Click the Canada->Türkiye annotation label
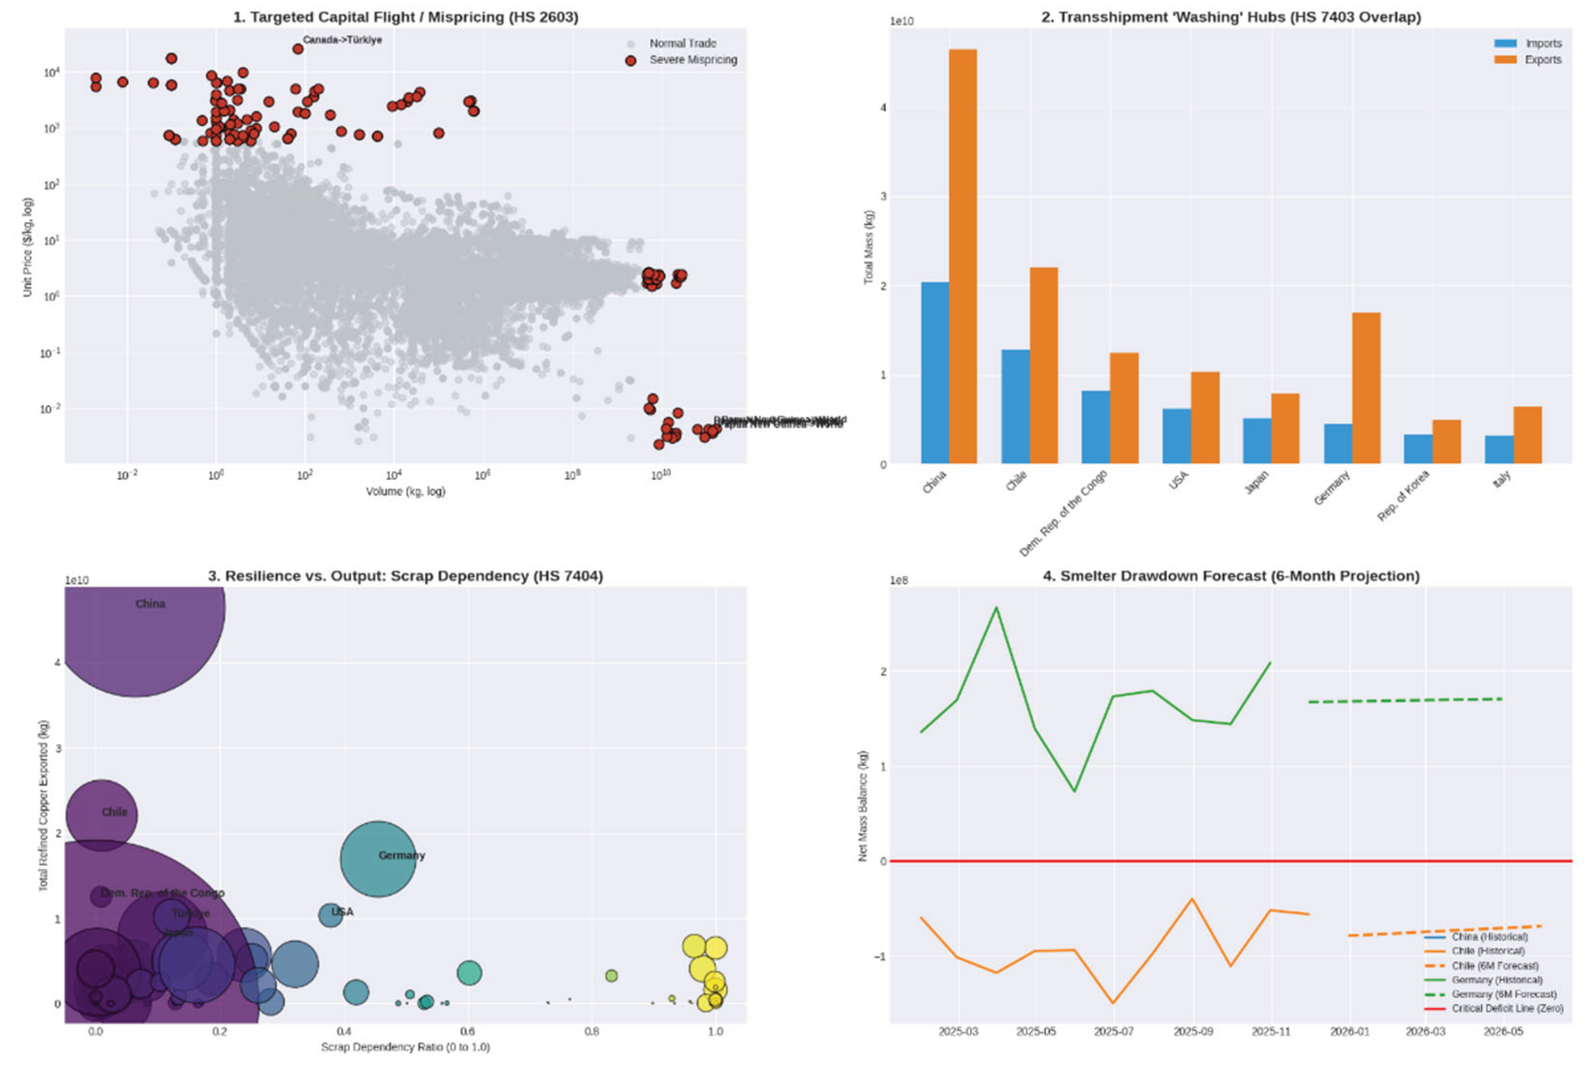pyautogui.click(x=342, y=40)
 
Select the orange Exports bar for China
pyautogui.click(x=962, y=256)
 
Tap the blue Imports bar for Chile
pyautogui.click(x=1015, y=407)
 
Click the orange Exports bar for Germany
pyautogui.click(x=1365, y=388)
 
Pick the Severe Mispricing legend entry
pyautogui.click(x=692, y=60)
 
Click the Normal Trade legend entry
pyautogui.click(x=682, y=43)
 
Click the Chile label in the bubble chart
pyautogui.click(x=114, y=812)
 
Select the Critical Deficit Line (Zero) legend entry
pyautogui.click(x=1507, y=1008)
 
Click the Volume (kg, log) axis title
pyautogui.click(x=405, y=491)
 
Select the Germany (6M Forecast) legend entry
pyautogui.click(x=1503, y=994)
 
